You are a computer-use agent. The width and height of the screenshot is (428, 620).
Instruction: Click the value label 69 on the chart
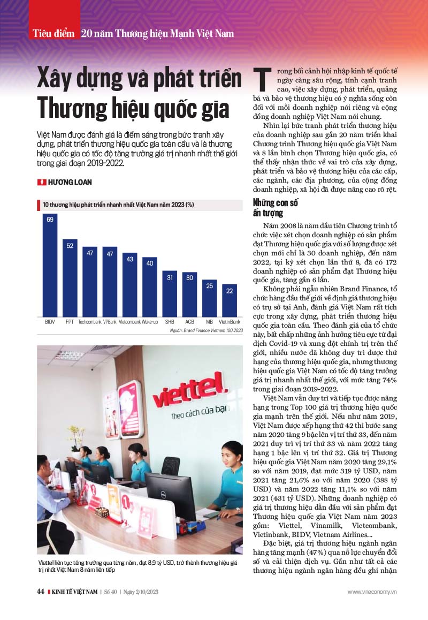coord(50,220)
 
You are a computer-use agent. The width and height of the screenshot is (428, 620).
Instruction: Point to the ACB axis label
coord(189,322)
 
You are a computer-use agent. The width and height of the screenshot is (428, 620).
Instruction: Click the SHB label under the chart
coord(170,322)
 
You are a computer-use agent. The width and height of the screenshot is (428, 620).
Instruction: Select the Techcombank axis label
coord(89,322)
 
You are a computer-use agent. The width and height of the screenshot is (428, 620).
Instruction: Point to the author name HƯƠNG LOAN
coord(70,182)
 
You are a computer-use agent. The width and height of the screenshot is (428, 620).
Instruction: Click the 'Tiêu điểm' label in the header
coord(52,33)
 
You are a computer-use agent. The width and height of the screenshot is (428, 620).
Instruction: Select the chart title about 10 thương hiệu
coord(118,205)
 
